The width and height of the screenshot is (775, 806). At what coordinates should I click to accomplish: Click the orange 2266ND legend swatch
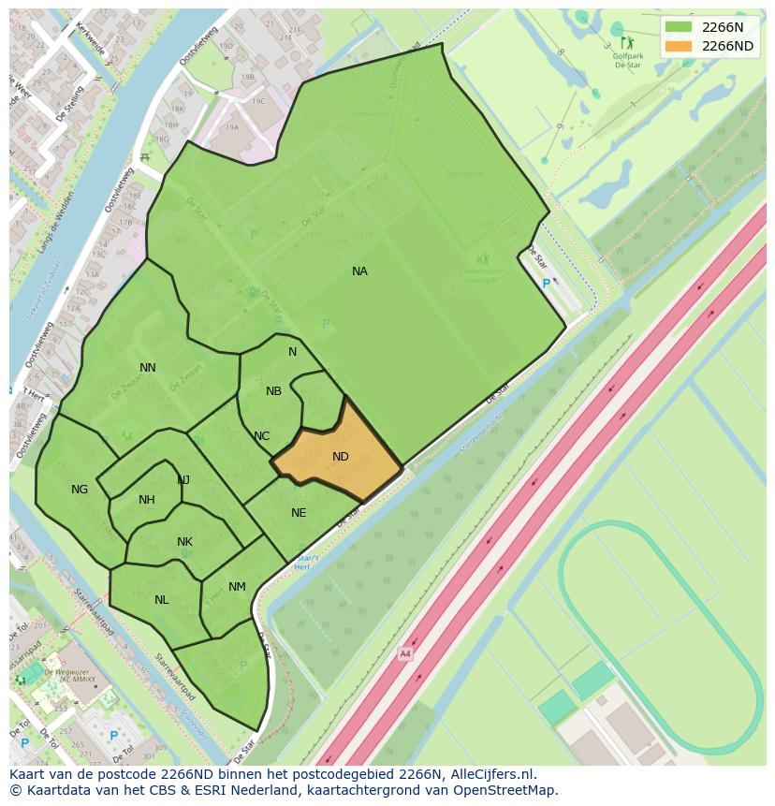679,46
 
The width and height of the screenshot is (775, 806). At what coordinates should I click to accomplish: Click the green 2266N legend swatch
679,26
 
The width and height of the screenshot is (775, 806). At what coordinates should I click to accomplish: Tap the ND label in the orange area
341,457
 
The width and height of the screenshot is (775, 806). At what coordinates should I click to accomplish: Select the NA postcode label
359,271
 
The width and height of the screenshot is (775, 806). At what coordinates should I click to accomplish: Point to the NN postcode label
148,368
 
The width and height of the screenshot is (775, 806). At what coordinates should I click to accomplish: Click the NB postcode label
273,391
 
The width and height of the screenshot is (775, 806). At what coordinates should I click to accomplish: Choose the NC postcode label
261,436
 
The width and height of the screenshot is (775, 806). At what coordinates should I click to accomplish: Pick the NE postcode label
299,513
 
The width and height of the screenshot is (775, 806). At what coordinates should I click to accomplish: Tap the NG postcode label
80,490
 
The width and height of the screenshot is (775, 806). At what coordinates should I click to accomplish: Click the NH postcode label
147,500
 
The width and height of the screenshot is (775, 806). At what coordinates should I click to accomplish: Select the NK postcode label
184,542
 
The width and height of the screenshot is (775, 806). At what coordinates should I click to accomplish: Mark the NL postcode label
162,600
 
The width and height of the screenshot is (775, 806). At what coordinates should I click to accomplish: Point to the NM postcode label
237,588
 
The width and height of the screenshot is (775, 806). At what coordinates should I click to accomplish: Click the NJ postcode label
183,480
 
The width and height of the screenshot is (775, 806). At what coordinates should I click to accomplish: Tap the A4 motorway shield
404,653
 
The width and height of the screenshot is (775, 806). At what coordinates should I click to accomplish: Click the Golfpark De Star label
626,61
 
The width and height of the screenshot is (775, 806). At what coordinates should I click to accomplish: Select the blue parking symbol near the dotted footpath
547,284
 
